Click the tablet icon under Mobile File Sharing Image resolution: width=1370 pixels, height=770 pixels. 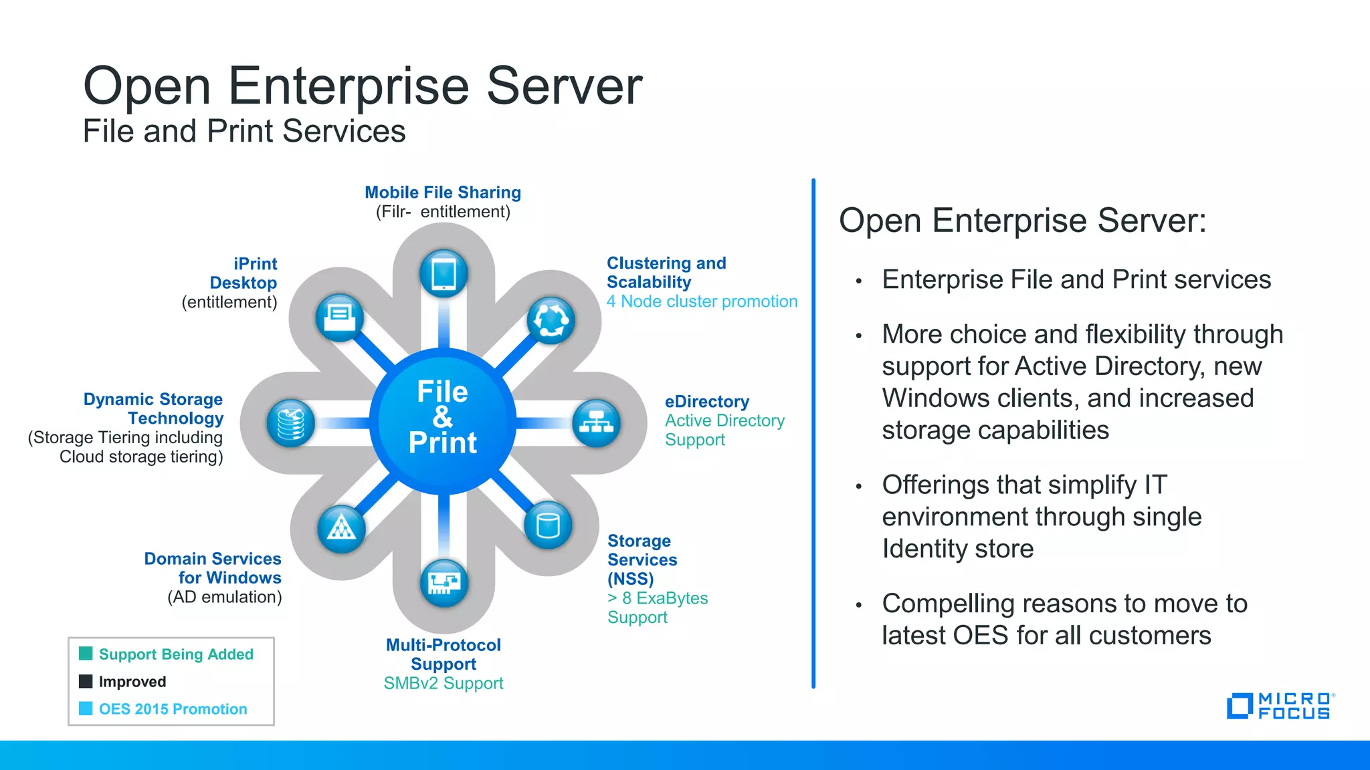click(444, 273)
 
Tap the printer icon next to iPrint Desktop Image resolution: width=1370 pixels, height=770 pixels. click(340, 317)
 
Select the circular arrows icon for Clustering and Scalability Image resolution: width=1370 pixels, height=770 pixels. click(551, 320)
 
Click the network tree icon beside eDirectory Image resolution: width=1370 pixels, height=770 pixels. click(596, 422)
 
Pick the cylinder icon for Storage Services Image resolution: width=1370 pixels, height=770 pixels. click(548, 525)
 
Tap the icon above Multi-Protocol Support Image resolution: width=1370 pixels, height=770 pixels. click(444, 582)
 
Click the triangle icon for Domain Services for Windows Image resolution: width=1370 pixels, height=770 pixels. click(341, 528)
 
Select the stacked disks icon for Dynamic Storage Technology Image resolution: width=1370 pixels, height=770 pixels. click(290, 423)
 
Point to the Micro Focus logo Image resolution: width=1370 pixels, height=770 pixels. click(1280, 706)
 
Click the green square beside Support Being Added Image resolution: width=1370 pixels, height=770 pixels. click(86, 653)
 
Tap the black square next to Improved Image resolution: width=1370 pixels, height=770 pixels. click(86, 681)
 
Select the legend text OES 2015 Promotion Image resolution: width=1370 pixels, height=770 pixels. click(173, 709)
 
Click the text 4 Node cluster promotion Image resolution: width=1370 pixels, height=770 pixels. click(702, 301)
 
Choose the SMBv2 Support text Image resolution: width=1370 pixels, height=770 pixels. click(443, 683)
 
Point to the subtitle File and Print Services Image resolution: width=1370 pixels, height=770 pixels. click(244, 131)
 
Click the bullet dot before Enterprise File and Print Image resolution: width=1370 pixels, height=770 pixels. click(858, 281)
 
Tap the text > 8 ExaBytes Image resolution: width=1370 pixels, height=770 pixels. click(657, 598)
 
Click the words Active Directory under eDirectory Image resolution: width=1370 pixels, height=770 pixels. click(724, 420)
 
